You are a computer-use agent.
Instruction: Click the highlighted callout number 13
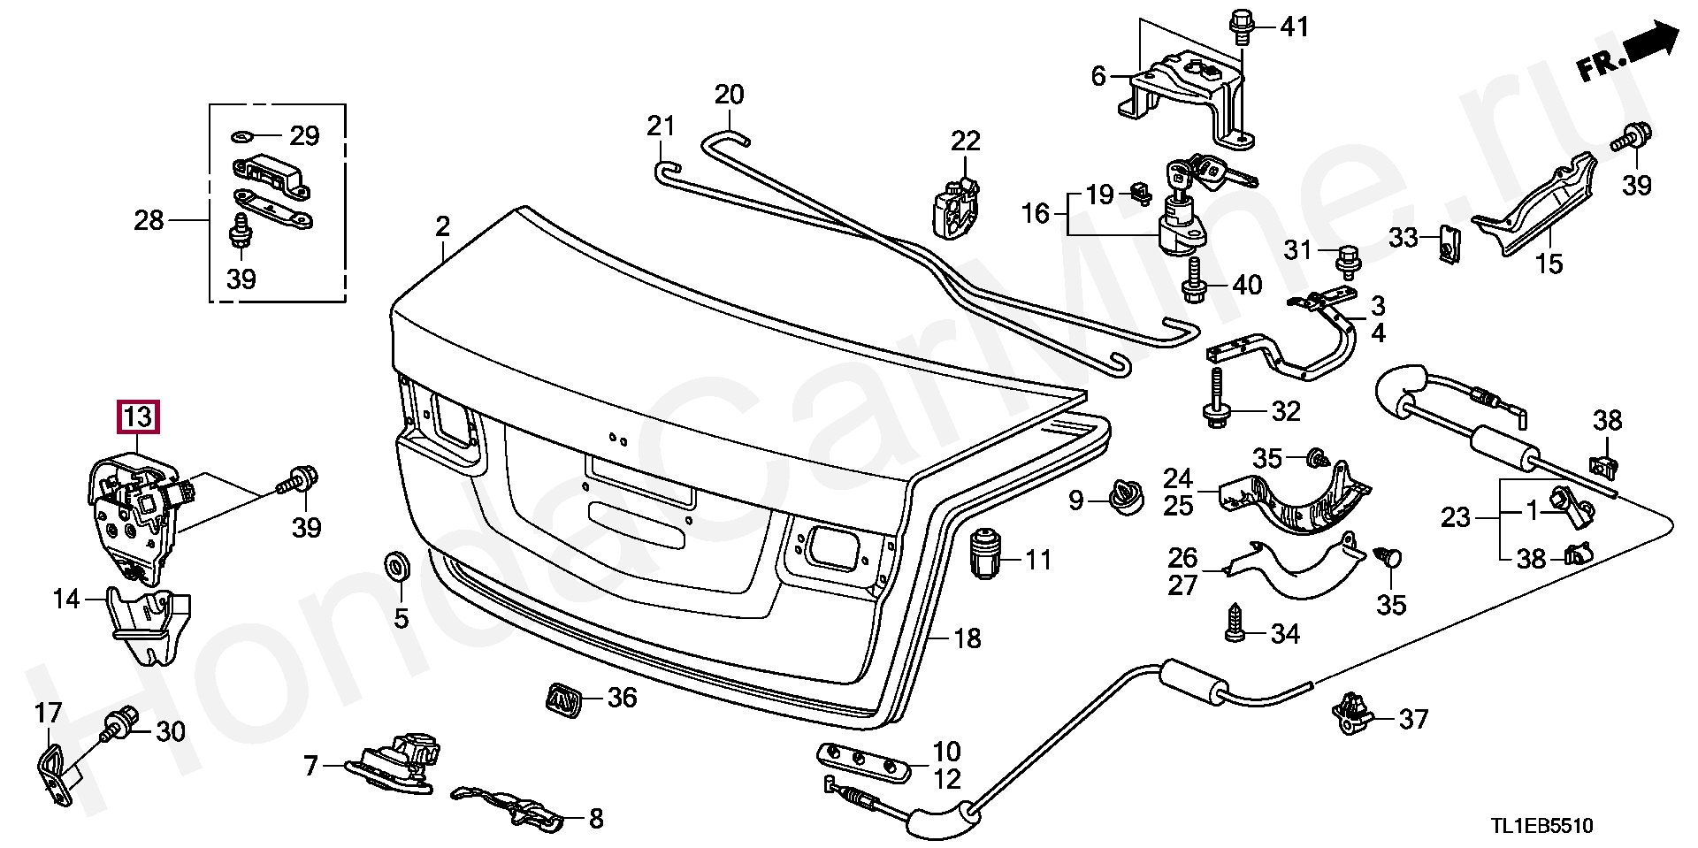138,416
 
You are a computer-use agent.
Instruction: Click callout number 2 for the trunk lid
442,226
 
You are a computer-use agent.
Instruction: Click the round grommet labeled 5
395,565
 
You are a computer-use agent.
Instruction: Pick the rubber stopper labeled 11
984,554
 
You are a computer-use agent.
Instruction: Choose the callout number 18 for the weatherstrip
968,638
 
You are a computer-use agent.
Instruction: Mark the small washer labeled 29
241,136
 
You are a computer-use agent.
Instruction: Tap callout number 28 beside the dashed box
149,219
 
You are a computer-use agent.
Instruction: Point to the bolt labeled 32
1214,409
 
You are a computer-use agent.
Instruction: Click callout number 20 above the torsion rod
730,94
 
